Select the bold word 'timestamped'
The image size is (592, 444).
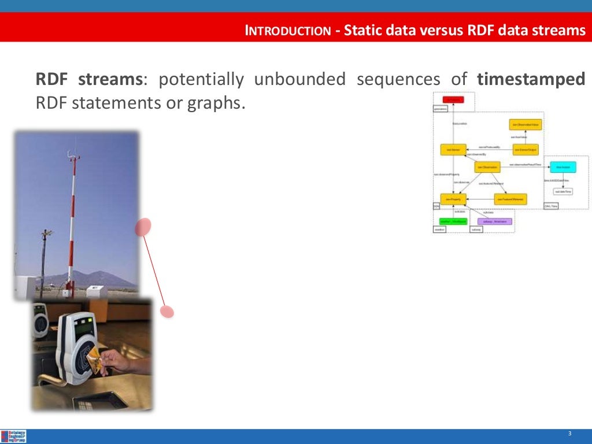coord(531,79)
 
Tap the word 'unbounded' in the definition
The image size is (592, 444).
coord(299,79)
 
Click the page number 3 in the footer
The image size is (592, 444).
coord(569,434)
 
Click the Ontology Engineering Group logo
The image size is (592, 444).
coord(14,436)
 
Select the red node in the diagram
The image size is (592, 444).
coord(453,100)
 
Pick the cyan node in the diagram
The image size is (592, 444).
coord(563,167)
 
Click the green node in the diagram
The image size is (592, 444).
coord(453,221)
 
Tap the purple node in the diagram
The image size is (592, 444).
coord(494,221)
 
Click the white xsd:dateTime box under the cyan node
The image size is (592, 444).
coord(563,191)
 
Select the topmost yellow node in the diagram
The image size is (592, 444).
coord(526,125)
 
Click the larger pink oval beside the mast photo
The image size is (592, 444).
coord(143,227)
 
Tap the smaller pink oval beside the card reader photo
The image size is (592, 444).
coord(167,312)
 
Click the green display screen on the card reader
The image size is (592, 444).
coord(84,328)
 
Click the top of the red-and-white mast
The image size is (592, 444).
coord(72,154)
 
